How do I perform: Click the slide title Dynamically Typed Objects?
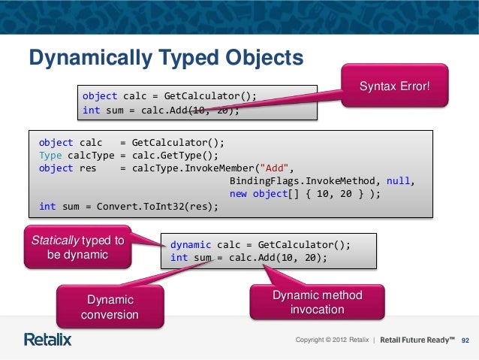[x=165, y=58]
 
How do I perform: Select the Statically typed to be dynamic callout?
[x=77, y=247]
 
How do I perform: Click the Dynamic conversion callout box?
[x=110, y=307]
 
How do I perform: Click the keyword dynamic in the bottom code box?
[x=191, y=245]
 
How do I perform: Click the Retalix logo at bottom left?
[x=48, y=339]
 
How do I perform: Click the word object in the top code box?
[x=99, y=96]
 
